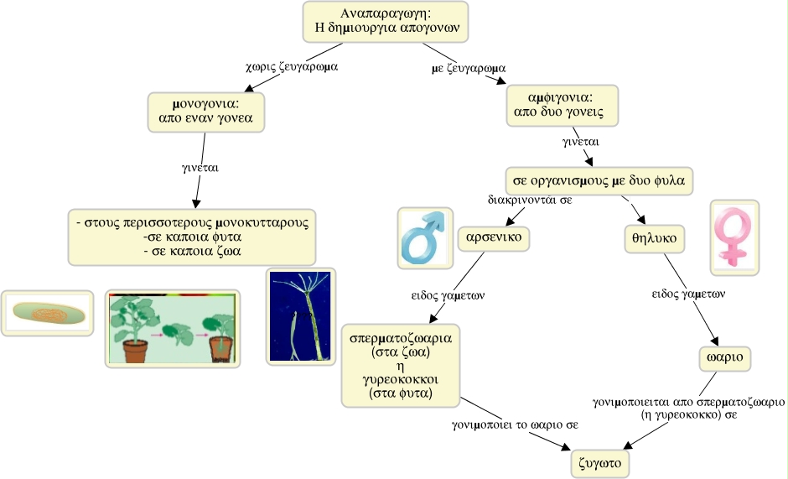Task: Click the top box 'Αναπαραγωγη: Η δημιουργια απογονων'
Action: click(386, 22)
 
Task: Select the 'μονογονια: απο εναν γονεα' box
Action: click(206, 112)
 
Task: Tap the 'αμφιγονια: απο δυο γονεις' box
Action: click(562, 105)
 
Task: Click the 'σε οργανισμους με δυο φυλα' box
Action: click(599, 181)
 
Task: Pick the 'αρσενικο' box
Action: click(494, 237)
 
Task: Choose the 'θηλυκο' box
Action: click(655, 238)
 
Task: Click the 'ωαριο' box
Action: click(724, 357)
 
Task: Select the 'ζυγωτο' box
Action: click(600, 463)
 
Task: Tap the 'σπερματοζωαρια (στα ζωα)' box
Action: click(401, 366)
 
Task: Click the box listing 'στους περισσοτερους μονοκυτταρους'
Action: click(192, 237)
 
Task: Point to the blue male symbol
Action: click(425, 237)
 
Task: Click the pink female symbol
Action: click(734, 237)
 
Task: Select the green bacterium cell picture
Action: click(47, 313)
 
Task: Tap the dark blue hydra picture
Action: click(300, 316)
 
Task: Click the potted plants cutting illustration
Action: click(173, 329)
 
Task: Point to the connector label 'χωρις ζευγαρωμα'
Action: click(292, 66)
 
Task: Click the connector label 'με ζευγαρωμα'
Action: click(469, 69)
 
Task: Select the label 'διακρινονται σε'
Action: click(530, 200)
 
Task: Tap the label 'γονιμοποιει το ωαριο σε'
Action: click(515, 424)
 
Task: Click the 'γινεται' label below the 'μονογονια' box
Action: click(200, 168)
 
